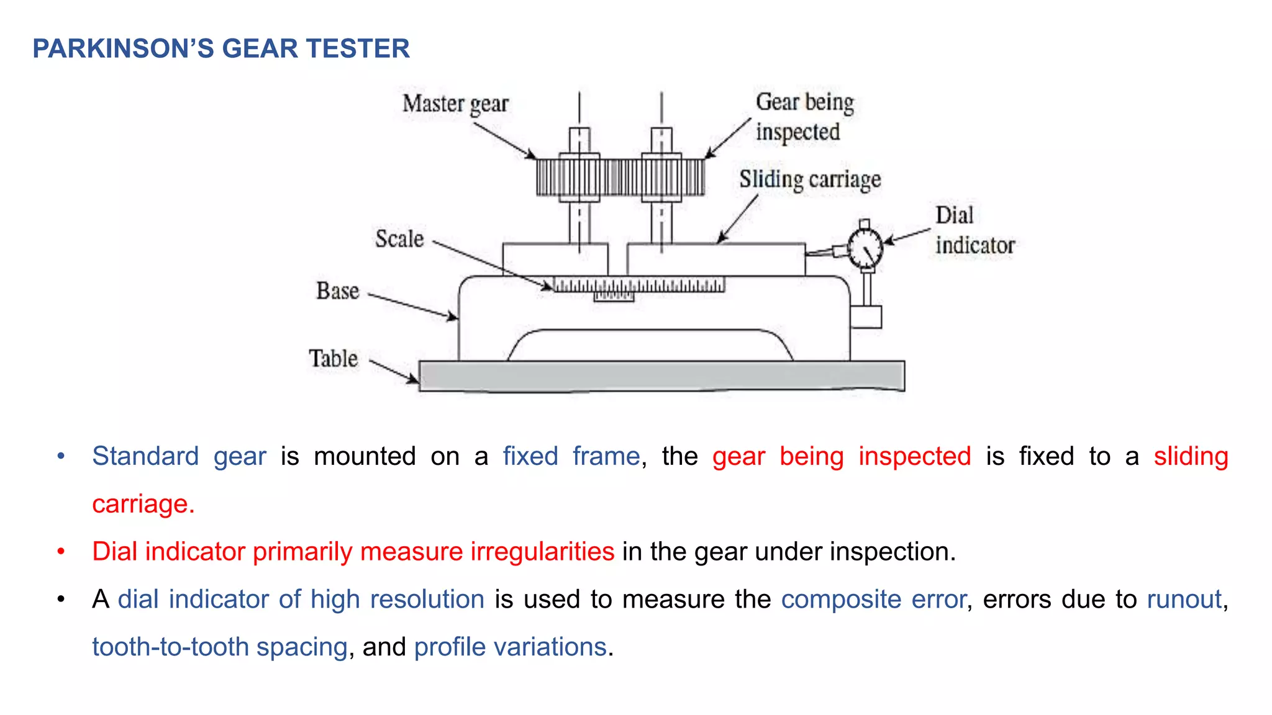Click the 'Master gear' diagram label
455,104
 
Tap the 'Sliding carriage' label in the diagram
809,179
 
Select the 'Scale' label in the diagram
399,239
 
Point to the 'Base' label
337,291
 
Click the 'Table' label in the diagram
333,359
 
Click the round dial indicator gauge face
865,248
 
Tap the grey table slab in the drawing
661,375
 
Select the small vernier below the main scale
614,297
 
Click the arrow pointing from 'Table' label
394,371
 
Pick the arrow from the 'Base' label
413,306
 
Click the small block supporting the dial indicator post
866,317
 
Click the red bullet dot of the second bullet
61,551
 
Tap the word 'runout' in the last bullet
1184,600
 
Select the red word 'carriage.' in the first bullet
143,504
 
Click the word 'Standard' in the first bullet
145,456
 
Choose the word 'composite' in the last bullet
841,600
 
